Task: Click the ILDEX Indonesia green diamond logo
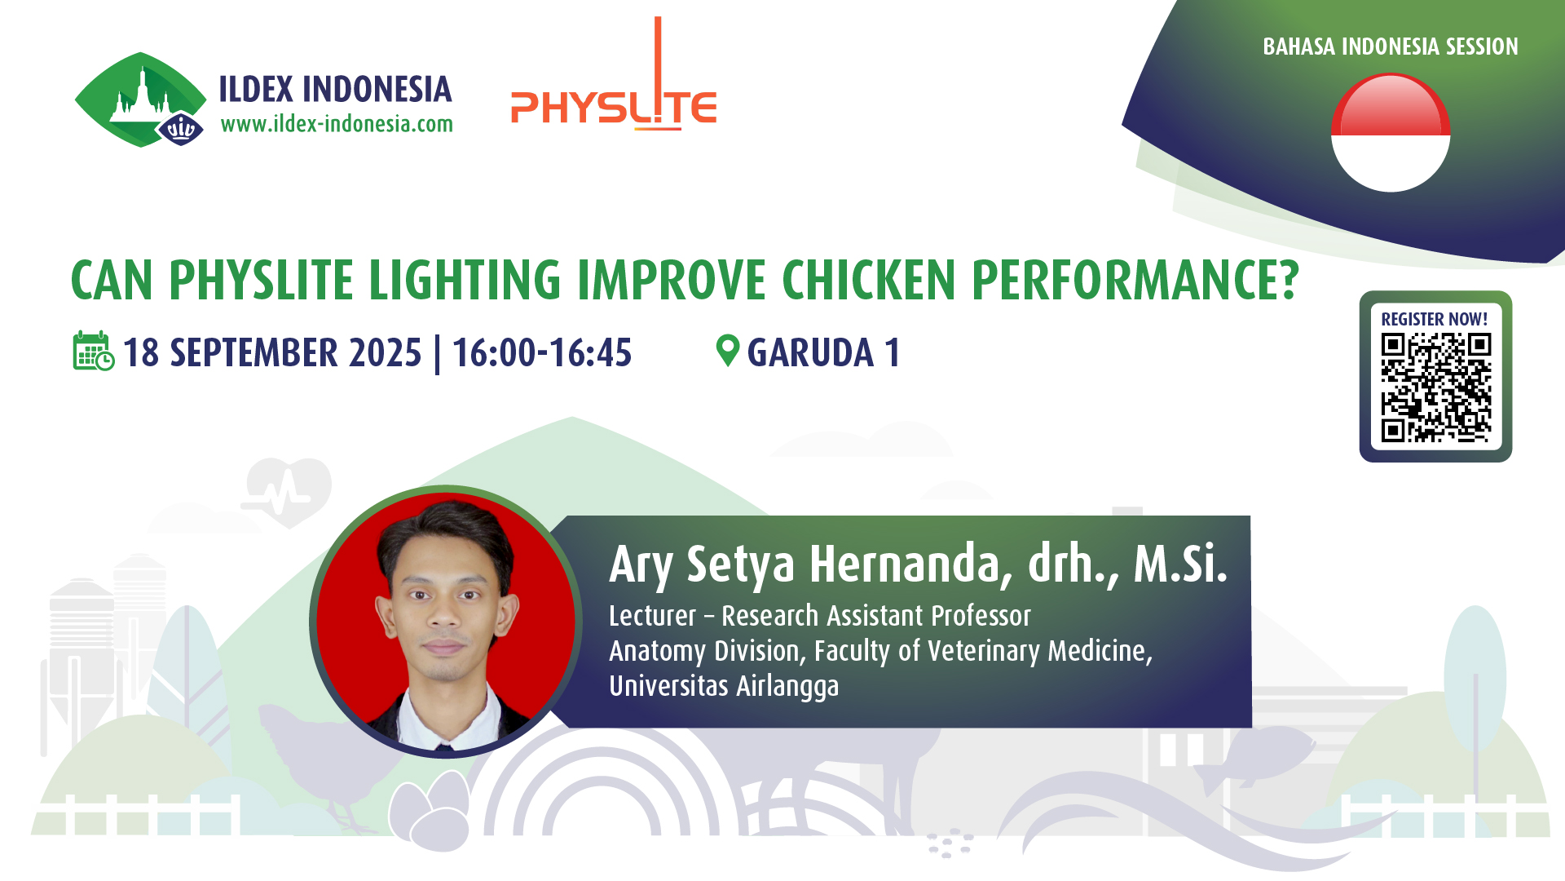pos(140,100)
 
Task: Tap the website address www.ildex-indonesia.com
pos(337,124)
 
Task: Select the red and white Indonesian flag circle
pos(1391,132)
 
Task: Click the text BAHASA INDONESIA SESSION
pos(1391,46)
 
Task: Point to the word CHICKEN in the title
pos(869,280)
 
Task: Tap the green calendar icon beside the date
pos(94,351)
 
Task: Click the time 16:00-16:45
pos(542,353)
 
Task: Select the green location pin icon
pos(727,351)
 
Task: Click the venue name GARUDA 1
pos(824,353)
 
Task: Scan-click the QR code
pos(1436,387)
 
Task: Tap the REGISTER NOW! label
pos(1435,319)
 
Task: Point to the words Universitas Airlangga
pos(724,686)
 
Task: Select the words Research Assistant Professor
pos(876,616)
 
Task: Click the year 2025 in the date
pos(386,353)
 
